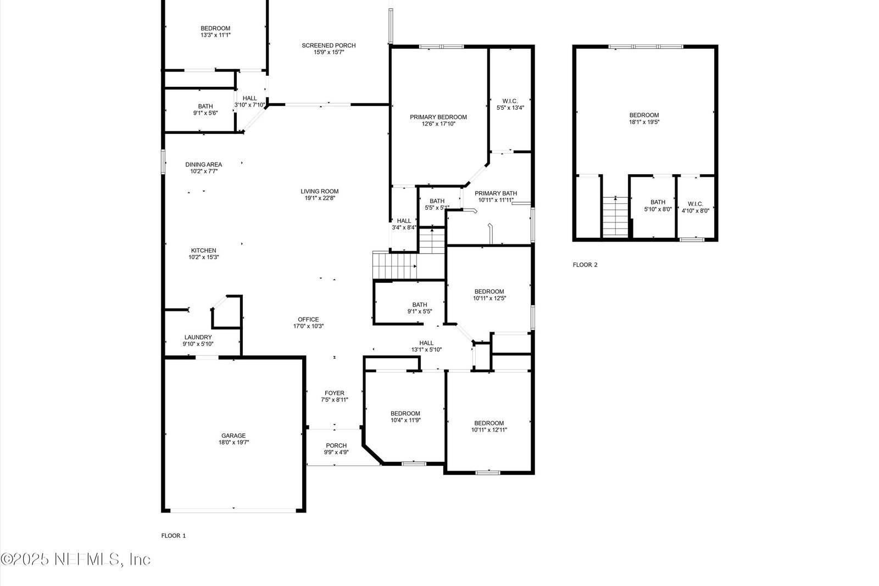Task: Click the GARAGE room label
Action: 233,436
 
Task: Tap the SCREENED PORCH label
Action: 329,46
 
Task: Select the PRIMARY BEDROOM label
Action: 438,117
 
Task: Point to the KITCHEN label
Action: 204,250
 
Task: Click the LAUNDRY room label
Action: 198,337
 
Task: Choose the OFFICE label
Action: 308,319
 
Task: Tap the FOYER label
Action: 335,393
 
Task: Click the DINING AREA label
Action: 204,164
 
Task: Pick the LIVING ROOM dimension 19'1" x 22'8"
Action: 320,198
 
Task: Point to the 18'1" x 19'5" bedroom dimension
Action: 644,121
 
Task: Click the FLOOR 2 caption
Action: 585,265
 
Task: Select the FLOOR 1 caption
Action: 174,536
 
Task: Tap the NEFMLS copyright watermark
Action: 75,559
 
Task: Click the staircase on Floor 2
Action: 616,216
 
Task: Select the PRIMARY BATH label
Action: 496,193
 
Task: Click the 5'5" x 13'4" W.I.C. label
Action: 510,104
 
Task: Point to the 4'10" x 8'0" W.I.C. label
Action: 696,207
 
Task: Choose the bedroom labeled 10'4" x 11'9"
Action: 405,416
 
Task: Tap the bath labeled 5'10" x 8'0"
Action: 658,206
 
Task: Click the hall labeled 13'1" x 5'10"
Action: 426,347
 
